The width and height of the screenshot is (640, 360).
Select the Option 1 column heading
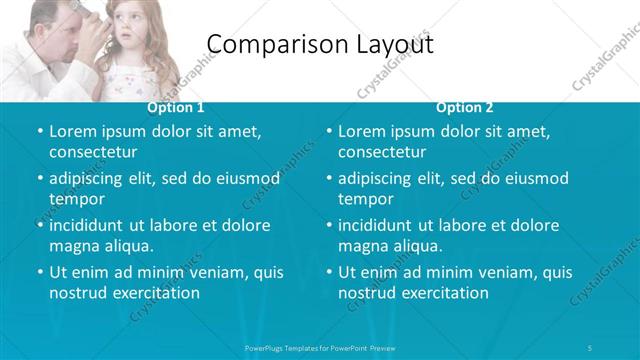click(176, 107)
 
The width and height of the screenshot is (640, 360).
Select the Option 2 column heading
click(465, 107)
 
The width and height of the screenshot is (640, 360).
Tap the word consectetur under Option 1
click(93, 152)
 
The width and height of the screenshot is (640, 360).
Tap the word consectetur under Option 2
click(382, 152)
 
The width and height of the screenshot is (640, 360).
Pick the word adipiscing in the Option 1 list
click(91, 179)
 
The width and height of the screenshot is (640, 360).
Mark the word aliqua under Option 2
click(414, 246)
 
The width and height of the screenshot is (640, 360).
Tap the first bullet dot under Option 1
click(39, 132)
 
